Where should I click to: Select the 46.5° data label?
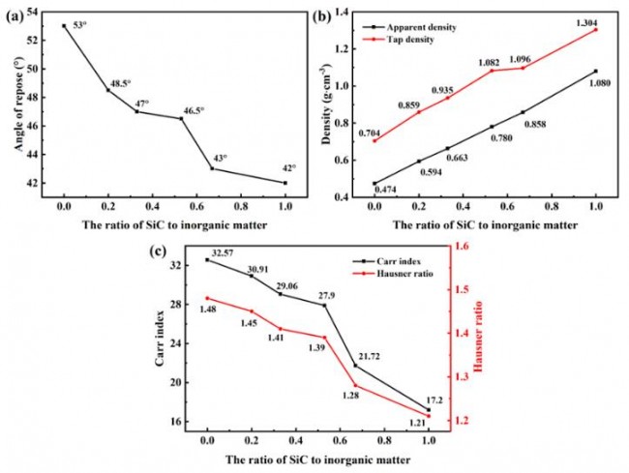coord(195,110)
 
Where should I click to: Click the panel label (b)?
coord(324,11)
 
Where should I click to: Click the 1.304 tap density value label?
coord(586,20)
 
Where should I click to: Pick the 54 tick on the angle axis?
coord(36,12)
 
